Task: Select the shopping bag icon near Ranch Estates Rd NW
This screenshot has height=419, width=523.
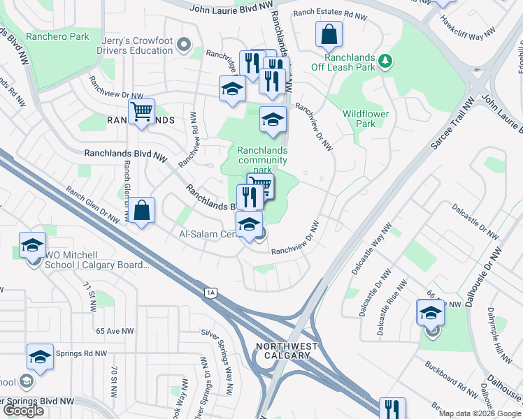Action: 327,34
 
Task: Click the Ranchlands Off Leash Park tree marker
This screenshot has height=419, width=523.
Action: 384,63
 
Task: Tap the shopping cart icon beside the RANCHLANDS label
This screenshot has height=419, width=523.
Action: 142,112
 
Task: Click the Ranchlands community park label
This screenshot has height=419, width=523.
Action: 262,160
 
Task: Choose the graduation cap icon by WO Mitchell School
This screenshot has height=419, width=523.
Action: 32,244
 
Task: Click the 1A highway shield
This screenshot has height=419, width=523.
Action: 210,293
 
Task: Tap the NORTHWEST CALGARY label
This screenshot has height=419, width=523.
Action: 287,351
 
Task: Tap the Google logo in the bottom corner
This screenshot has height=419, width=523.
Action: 23,411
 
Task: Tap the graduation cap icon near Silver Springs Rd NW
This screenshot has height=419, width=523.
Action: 40,356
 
